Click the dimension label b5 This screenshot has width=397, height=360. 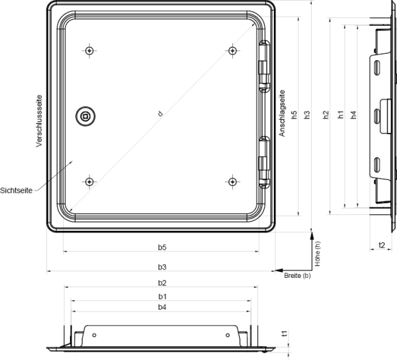tap(162, 247)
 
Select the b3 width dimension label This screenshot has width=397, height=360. tap(162, 267)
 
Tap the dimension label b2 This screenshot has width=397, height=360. tap(162, 283)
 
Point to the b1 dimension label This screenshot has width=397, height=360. tap(162, 296)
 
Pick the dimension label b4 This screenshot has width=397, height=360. tap(162, 307)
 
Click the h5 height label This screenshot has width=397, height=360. tap(294, 114)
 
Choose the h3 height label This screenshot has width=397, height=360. tap(307, 114)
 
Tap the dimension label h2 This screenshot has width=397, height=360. tap(326, 114)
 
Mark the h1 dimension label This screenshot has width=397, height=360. tap(341, 114)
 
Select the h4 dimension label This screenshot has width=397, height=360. tap(353, 114)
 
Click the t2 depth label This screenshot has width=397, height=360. tap(382, 245)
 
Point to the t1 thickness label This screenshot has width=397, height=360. tap(285, 334)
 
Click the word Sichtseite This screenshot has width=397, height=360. tap(16, 191)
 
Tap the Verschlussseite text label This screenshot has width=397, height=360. tap(39, 120)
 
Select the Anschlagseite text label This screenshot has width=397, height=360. tap(282, 113)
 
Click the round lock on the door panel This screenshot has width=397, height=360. tap(85, 116)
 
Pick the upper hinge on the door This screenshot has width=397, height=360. tap(264, 66)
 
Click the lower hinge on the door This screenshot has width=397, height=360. tap(264, 163)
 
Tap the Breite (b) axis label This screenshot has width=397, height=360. tap(297, 276)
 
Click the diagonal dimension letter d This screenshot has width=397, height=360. tap(160, 114)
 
